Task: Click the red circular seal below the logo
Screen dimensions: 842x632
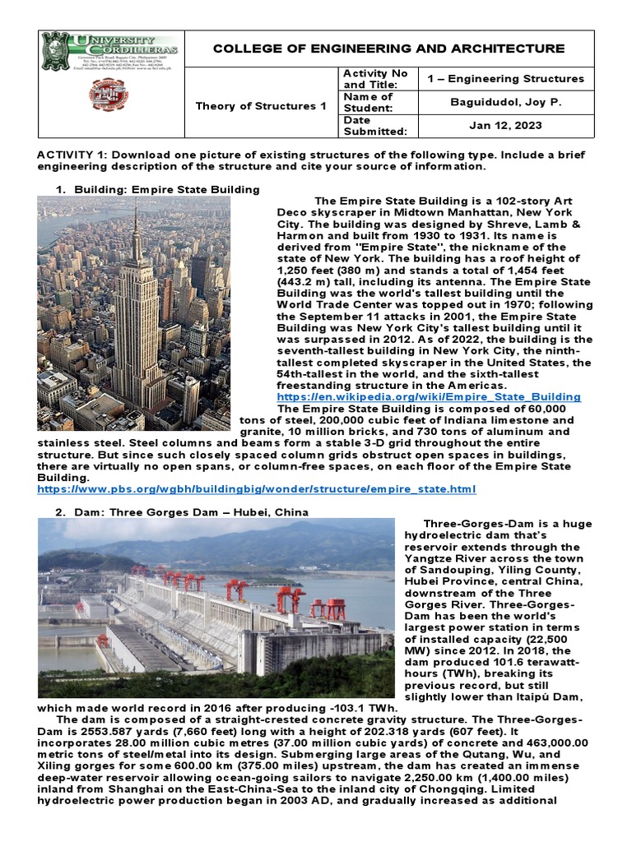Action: pos(109,95)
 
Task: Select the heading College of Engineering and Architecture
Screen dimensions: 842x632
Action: pos(388,49)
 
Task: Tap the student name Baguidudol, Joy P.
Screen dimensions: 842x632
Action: pos(505,103)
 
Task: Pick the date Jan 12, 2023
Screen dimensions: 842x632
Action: pos(505,126)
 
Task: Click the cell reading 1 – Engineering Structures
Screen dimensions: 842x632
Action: pos(505,79)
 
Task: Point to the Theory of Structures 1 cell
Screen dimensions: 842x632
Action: pos(260,106)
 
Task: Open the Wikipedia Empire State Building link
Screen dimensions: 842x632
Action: pos(429,396)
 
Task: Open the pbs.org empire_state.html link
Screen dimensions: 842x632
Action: pos(257,489)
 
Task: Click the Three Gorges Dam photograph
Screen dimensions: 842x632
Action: pos(216,608)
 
